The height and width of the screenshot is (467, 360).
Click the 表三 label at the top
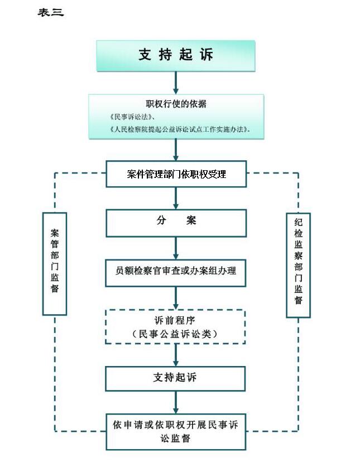(51, 12)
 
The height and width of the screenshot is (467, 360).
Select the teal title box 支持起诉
(176, 56)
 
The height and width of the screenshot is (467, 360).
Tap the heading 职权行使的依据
(176, 104)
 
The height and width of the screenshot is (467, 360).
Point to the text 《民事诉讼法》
(131, 117)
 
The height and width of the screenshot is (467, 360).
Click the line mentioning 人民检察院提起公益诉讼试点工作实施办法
(179, 129)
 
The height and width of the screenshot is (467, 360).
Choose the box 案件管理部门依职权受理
(176, 174)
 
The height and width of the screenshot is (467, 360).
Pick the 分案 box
(176, 223)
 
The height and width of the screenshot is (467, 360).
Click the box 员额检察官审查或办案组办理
(175, 273)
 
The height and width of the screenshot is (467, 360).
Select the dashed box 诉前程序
(175, 327)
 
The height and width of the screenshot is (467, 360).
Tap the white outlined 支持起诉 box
(175, 378)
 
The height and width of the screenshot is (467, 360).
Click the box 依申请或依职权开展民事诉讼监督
(176, 431)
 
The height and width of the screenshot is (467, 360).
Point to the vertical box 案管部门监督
(55, 263)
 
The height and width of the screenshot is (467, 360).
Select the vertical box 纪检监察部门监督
(298, 265)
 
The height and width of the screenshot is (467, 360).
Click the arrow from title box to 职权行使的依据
(176, 83)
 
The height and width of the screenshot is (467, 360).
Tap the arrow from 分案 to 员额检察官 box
(176, 248)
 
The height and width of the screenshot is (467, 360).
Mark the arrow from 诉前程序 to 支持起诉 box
(176, 355)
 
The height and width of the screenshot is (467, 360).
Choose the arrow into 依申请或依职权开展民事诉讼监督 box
(176, 402)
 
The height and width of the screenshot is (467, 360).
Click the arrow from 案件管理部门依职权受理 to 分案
(176, 198)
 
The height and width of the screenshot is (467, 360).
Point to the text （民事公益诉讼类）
(175, 334)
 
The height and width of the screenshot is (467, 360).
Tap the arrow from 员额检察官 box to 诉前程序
(176, 298)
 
